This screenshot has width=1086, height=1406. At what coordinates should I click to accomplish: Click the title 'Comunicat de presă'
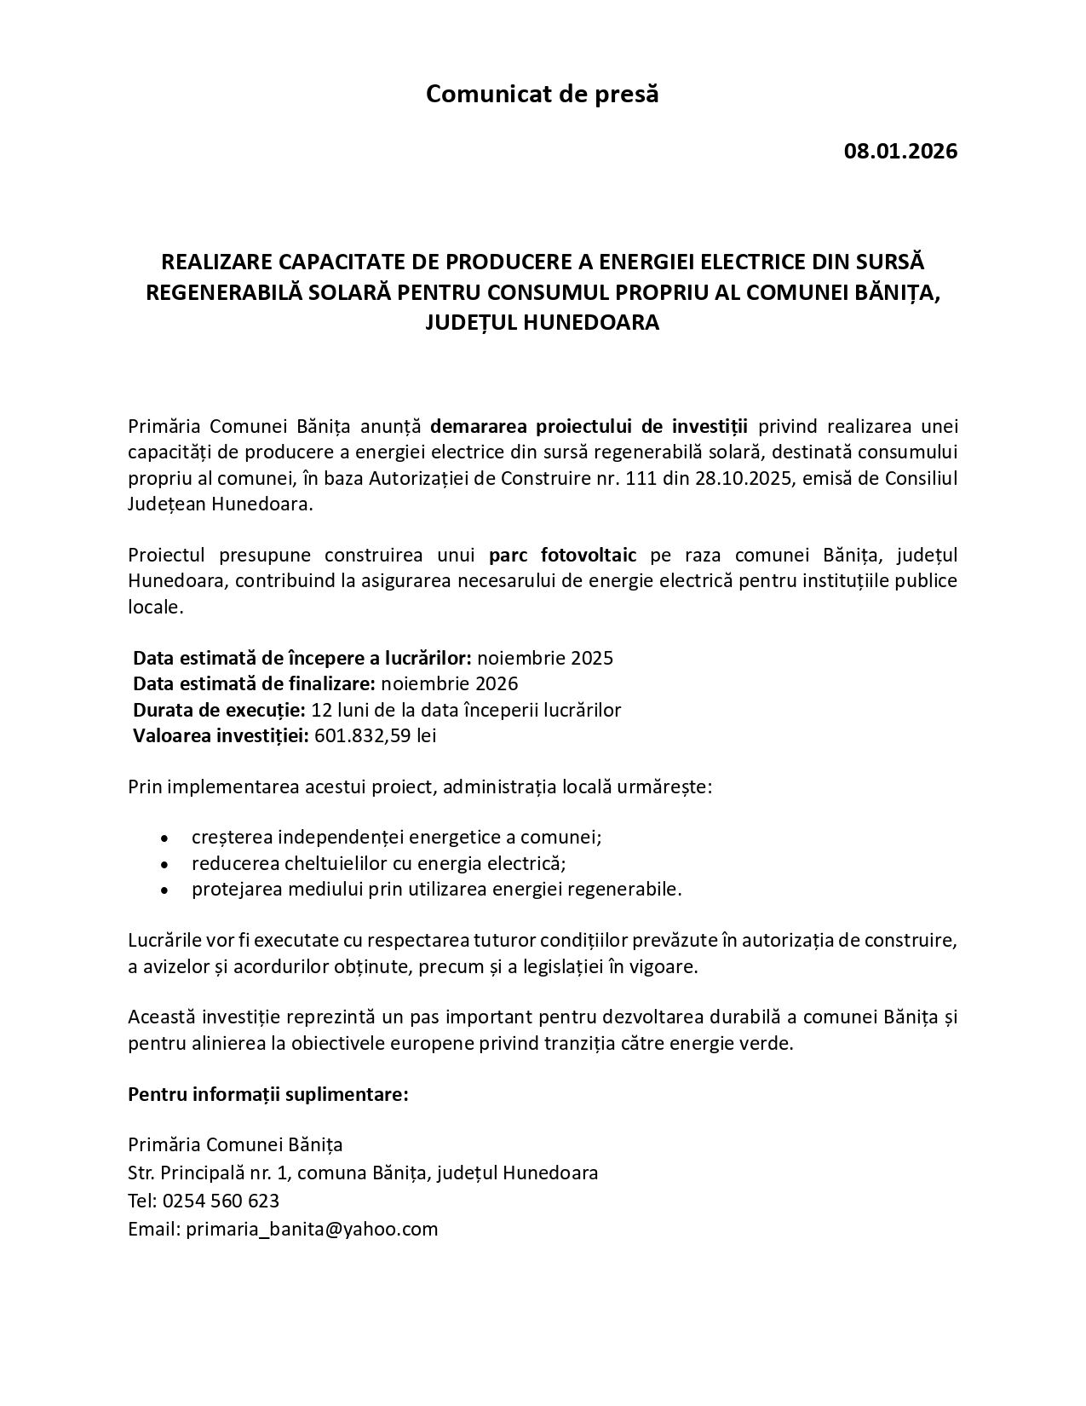(542, 94)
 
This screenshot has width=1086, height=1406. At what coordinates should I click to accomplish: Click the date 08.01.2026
(900, 152)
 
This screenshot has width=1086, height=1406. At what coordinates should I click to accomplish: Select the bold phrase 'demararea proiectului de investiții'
(589, 426)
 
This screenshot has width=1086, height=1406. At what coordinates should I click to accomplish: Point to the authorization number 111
(641, 478)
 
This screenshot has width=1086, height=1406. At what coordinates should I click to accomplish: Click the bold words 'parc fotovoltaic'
(562, 556)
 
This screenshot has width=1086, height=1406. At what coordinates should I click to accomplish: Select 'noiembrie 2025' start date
(544, 658)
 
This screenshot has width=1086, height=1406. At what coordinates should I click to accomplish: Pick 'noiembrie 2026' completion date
(449, 683)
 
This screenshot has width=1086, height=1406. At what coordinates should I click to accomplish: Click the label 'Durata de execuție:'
(219, 710)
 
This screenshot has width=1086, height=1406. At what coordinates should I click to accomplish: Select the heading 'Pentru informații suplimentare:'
(268, 1094)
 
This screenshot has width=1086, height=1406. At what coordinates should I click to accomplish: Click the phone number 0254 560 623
(220, 1201)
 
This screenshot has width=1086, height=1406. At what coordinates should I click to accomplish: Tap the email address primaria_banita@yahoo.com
(312, 1229)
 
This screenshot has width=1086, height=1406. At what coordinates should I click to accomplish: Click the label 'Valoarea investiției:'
(221, 735)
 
